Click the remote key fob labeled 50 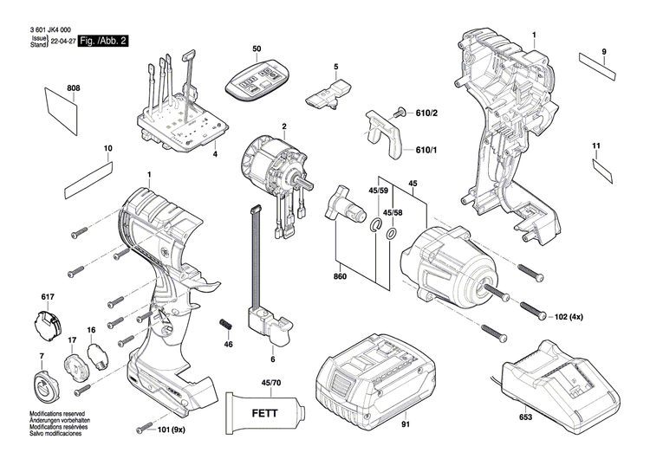coord(256,77)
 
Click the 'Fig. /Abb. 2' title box coord(103,41)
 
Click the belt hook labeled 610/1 coord(387,133)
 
